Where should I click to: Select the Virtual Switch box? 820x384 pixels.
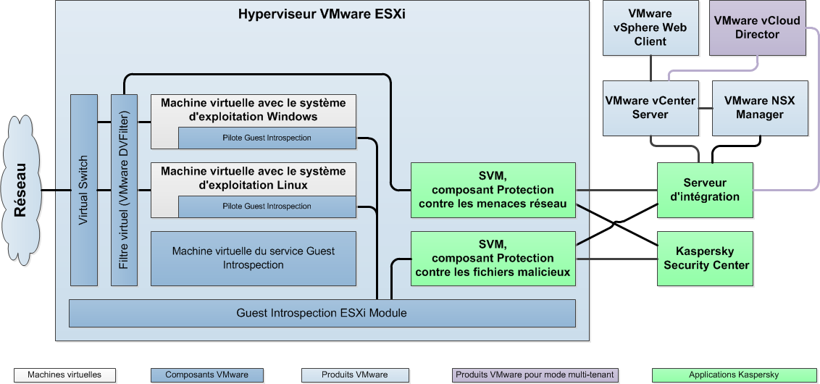(83, 190)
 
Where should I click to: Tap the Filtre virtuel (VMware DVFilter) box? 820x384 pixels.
(124, 190)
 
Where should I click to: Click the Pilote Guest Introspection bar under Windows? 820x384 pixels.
(267, 138)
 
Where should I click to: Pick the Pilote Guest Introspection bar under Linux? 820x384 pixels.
(267, 206)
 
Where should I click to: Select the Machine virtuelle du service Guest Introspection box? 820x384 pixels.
(254, 258)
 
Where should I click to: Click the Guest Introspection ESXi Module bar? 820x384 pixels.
(322, 313)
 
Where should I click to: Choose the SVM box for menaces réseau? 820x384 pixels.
(493, 190)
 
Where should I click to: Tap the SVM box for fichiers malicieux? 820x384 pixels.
(493, 259)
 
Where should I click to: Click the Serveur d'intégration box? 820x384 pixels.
(705, 190)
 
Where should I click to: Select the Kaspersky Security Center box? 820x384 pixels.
(705, 258)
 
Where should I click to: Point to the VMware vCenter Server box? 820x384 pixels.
(650, 107)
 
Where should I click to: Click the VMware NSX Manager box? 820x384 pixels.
(759, 107)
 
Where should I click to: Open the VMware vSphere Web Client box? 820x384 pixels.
(650, 28)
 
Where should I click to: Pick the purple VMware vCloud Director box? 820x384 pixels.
(757, 28)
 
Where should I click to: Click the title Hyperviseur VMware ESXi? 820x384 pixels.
(322, 14)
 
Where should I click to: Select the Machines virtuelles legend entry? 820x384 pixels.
(64, 375)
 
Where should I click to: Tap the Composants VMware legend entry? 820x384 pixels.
(206, 375)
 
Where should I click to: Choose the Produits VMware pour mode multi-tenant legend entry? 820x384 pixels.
(535, 375)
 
